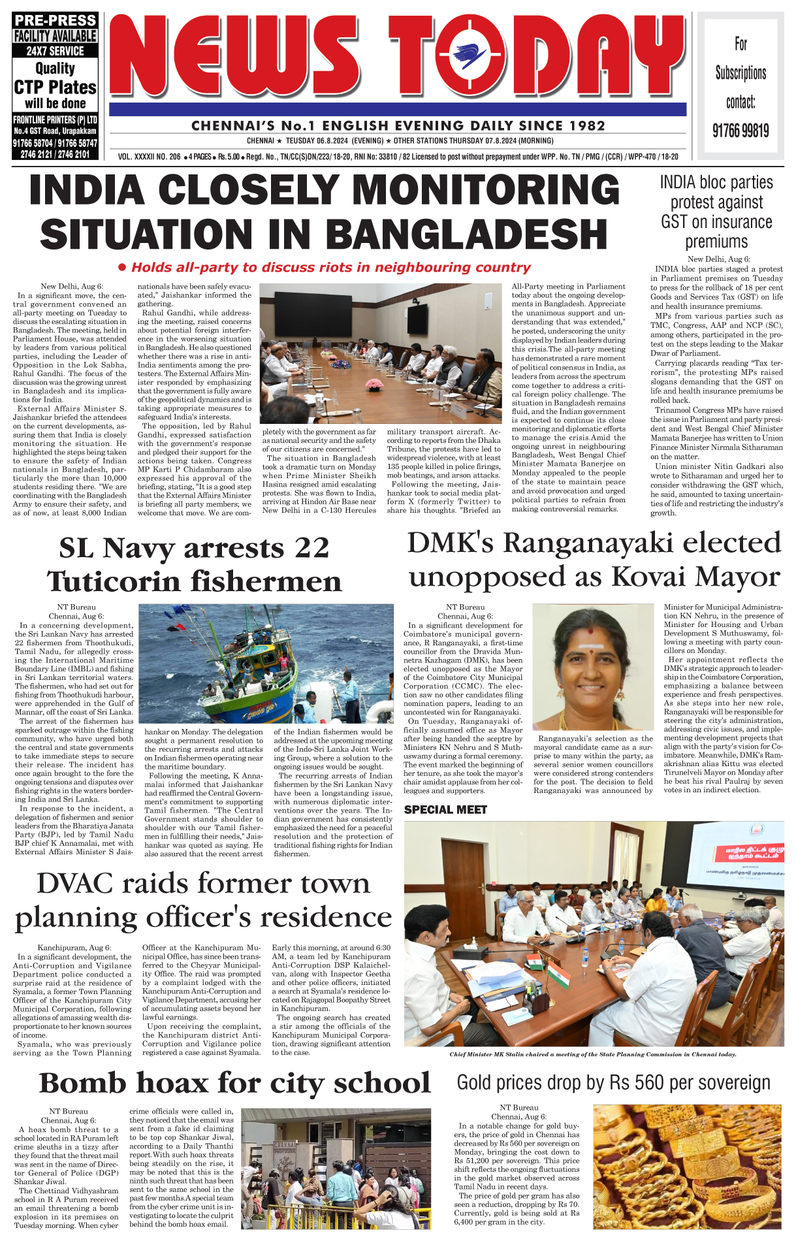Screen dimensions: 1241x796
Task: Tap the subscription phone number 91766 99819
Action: click(740, 131)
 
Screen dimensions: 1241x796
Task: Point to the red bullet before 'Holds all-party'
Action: click(121, 267)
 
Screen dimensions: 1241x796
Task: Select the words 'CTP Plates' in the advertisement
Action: click(56, 87)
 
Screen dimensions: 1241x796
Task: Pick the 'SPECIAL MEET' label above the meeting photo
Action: click(445, 810)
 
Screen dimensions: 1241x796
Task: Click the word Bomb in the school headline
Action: click(82, 1083)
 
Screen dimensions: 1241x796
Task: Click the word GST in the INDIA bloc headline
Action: click(674, 222)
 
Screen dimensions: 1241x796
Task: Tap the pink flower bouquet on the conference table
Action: click(374, 384)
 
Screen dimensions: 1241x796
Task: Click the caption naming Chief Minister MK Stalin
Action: click(593, 1054)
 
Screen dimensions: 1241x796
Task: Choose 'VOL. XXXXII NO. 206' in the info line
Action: click(150, 157)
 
